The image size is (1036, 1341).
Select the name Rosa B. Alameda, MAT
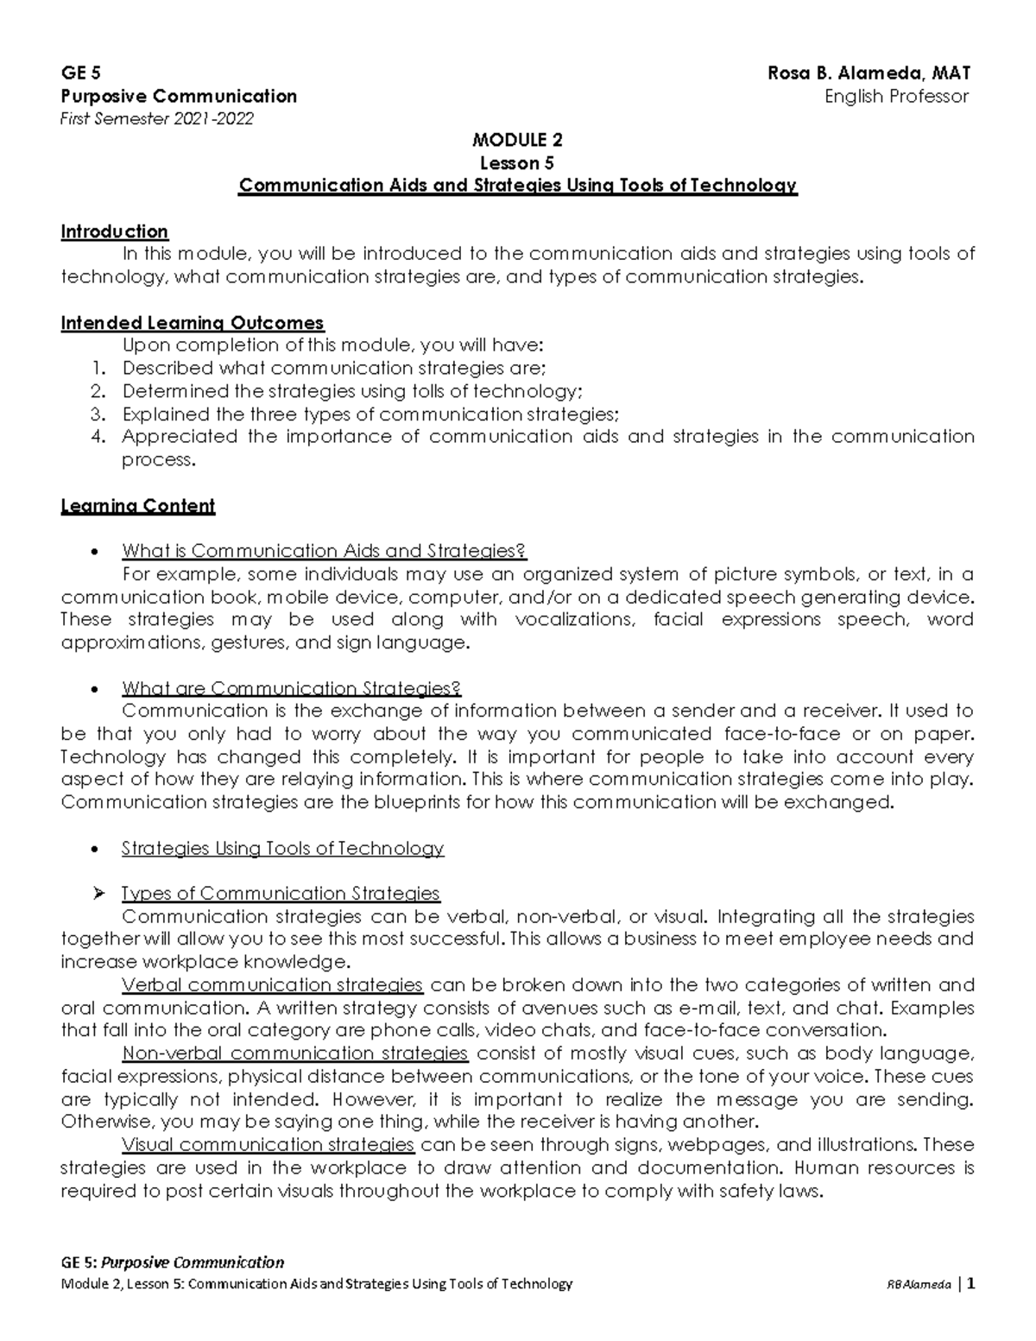click(x=869, y=73)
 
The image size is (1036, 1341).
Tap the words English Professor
click(x=896, y=96)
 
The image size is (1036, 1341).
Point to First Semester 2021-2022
click(x=157, y=118)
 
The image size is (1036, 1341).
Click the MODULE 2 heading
click(x=517, y=140)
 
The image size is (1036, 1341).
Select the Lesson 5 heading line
click(x=517, y=163)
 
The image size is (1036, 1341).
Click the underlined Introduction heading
click(x=114, y=231)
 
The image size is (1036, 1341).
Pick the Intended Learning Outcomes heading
click(x=192, y=323)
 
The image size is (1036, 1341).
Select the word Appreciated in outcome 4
click(x=179, y=437)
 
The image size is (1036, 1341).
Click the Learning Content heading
click(x=137, y=506)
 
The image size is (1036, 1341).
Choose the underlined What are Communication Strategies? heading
click(x=291, y=688)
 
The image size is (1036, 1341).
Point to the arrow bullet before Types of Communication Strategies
click(x=98, y=893)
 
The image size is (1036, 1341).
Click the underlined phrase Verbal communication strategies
click(x=272, y=985)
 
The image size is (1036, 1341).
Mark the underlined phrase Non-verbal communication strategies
click(x=294, y=1053)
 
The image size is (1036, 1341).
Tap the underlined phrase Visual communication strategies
click(x=268, y=1145)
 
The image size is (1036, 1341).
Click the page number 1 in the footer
click(x=971, y=1283)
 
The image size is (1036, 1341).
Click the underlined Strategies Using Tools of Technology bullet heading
click(x=282, y=848)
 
